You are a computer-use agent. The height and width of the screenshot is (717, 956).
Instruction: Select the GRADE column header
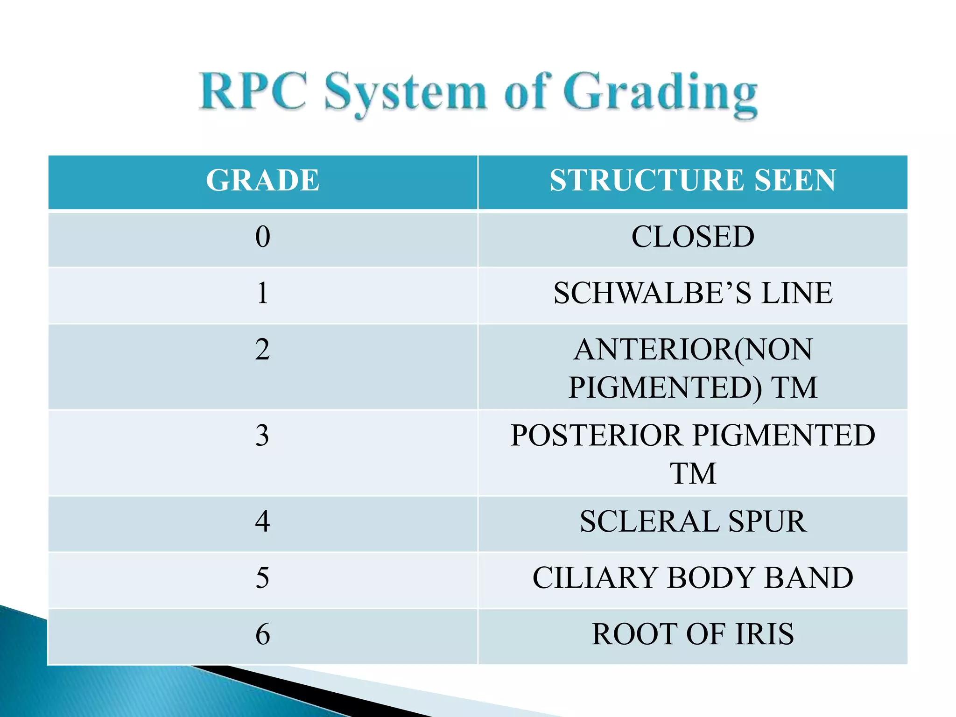tap(263, 180)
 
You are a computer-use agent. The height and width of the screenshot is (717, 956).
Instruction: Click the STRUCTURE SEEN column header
tap(693, 180)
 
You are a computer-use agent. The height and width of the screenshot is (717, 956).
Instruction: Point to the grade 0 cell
tap(263, 237)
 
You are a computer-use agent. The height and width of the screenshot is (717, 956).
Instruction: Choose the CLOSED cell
tap(693, 237)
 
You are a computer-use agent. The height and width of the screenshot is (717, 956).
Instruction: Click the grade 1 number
tap(263, 293)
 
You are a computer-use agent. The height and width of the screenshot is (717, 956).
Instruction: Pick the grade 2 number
tap(263, 350)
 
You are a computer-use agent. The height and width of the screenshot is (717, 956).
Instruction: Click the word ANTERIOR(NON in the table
tap(693, 350)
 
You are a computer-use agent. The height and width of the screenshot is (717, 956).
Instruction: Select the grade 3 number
tap(263, 436)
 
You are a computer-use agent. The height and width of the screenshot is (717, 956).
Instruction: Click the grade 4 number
tap(263, 521)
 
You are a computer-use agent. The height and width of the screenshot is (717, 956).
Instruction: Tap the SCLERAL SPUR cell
tap(693, 521)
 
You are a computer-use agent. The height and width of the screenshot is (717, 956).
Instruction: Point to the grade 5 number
tap(263, 578)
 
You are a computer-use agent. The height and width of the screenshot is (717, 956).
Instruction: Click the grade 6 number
tap(263, 634)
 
